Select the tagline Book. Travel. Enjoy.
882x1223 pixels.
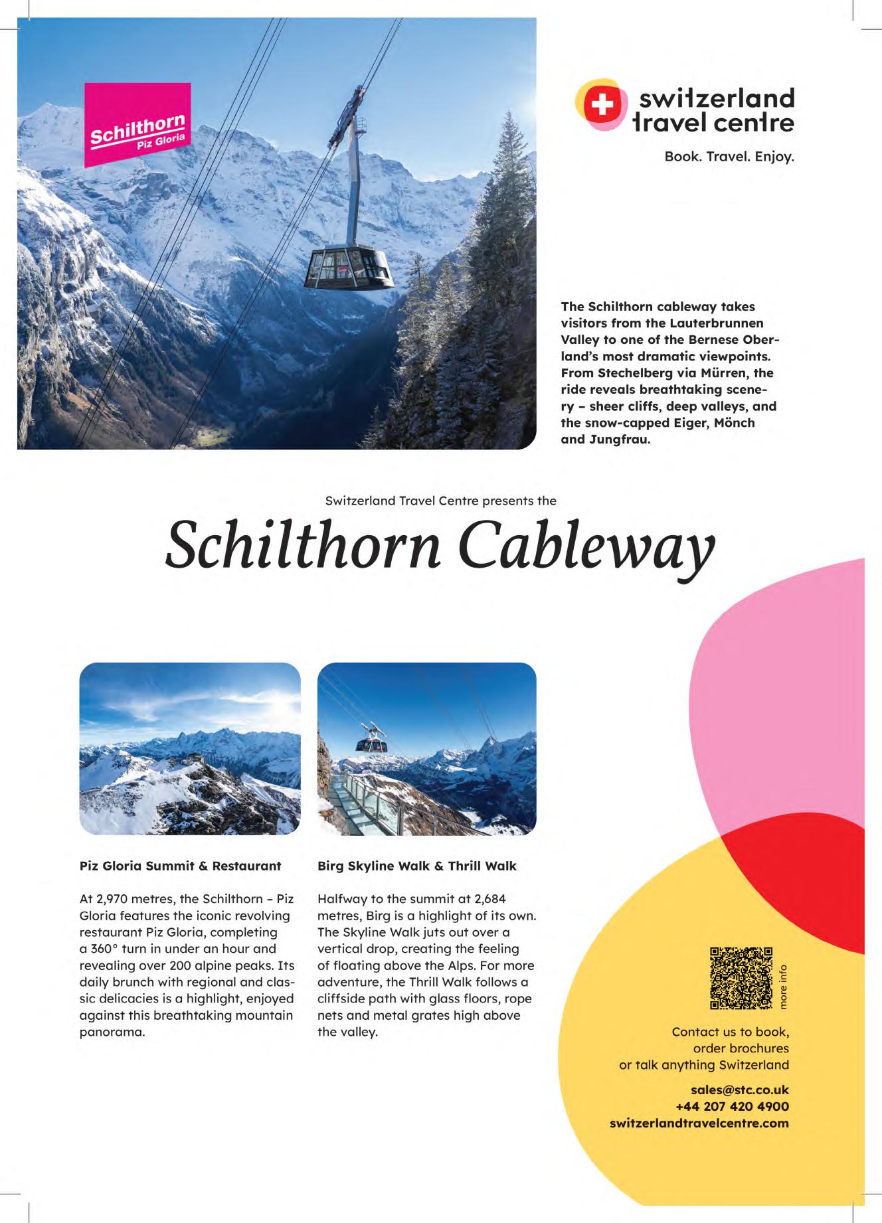[729, 158]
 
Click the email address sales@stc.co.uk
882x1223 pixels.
[739, 1090]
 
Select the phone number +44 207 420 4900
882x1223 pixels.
[732, 1106]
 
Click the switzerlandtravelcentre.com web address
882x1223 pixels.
[699, 1123]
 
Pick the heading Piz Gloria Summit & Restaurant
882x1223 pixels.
[180, 866]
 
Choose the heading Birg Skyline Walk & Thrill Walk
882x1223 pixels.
[416, 866]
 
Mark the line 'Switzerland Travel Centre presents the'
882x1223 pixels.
[440, 501]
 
